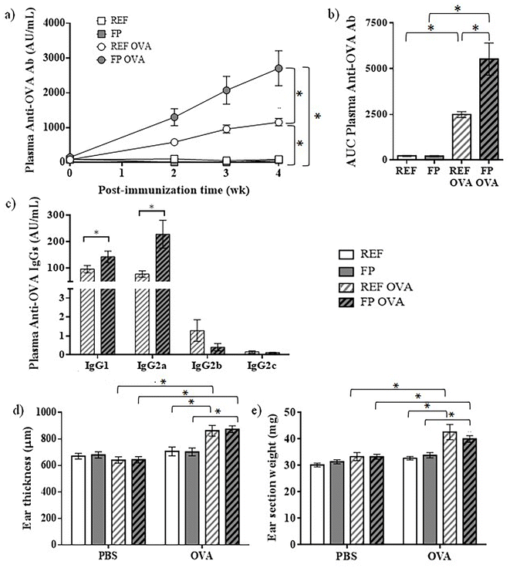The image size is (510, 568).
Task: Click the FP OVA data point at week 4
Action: pyautogui.click(x=279, y=68)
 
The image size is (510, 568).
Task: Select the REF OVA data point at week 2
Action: pyautogui.click(x=174, y=142)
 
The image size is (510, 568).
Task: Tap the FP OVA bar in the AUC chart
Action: pyautogui.click(x=488, y=109)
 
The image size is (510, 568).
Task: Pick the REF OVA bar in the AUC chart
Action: pyautogui.click(x=461, y=137)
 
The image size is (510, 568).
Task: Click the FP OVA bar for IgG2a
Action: pyautogui.click(x=163, y=294)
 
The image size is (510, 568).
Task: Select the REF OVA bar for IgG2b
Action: pyautogui.click(x=197, y=343)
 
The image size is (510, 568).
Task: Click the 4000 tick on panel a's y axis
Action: pyautogui.click(x=53, y=23)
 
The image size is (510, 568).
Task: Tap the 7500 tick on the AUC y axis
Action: pyautogui.click(x=376, y=23)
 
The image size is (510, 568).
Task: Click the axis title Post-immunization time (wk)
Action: pyautogui.click(x=174, y=190)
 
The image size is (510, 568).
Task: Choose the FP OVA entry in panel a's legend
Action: pyautogui.click(x=122, y=59)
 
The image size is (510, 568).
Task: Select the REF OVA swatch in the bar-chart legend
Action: pyautogui.click(x=346, y=287)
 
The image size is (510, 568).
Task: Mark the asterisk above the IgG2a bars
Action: pyautogui.click(x=151, y=207)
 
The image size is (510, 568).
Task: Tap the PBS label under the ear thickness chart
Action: pyautogui.click(x=108, y=556)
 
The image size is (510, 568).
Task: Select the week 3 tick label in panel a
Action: pyautogui.click(x=225, y=173)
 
